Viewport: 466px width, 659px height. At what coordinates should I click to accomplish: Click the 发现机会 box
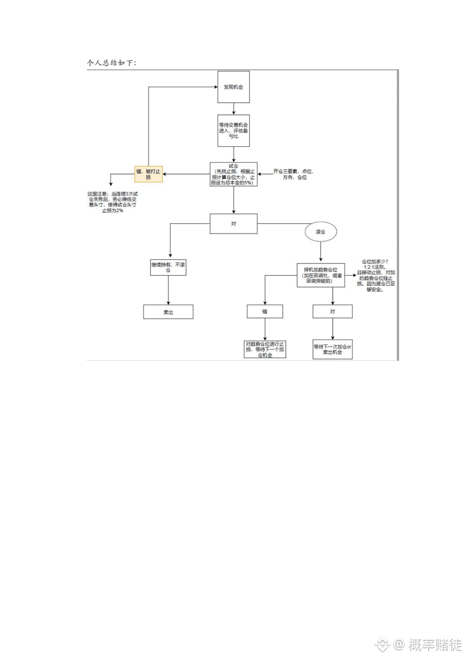click(234, 87)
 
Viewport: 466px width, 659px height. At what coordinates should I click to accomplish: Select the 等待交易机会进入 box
click(233, 130)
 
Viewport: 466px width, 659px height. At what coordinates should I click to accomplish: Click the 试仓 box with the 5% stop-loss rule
click(233, 174)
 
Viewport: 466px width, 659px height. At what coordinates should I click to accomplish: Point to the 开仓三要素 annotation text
click(293, 174)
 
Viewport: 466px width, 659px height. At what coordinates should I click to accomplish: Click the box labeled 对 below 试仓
click(233, 223)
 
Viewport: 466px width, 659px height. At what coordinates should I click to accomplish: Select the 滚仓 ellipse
click(321, 231)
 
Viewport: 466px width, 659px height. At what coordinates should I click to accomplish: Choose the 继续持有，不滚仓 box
click(168, 267)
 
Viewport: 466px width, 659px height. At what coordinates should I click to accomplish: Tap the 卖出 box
click(168, 312)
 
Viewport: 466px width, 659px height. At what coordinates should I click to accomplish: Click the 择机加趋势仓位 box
click(321, 275)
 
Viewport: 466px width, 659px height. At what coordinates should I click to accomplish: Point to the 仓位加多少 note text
click(376, 276)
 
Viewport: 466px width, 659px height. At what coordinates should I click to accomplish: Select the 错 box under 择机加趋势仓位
click(265, 311)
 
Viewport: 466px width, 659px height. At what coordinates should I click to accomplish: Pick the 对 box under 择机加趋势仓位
click(333, 311)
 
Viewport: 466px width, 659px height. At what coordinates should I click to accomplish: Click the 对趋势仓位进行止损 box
click(265, 348)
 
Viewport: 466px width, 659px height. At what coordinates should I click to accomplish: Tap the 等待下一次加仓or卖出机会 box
click(333, 349)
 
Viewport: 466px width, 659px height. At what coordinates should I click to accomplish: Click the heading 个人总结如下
click(111, 63)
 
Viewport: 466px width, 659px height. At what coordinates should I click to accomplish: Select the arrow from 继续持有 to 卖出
click(168, 290)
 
